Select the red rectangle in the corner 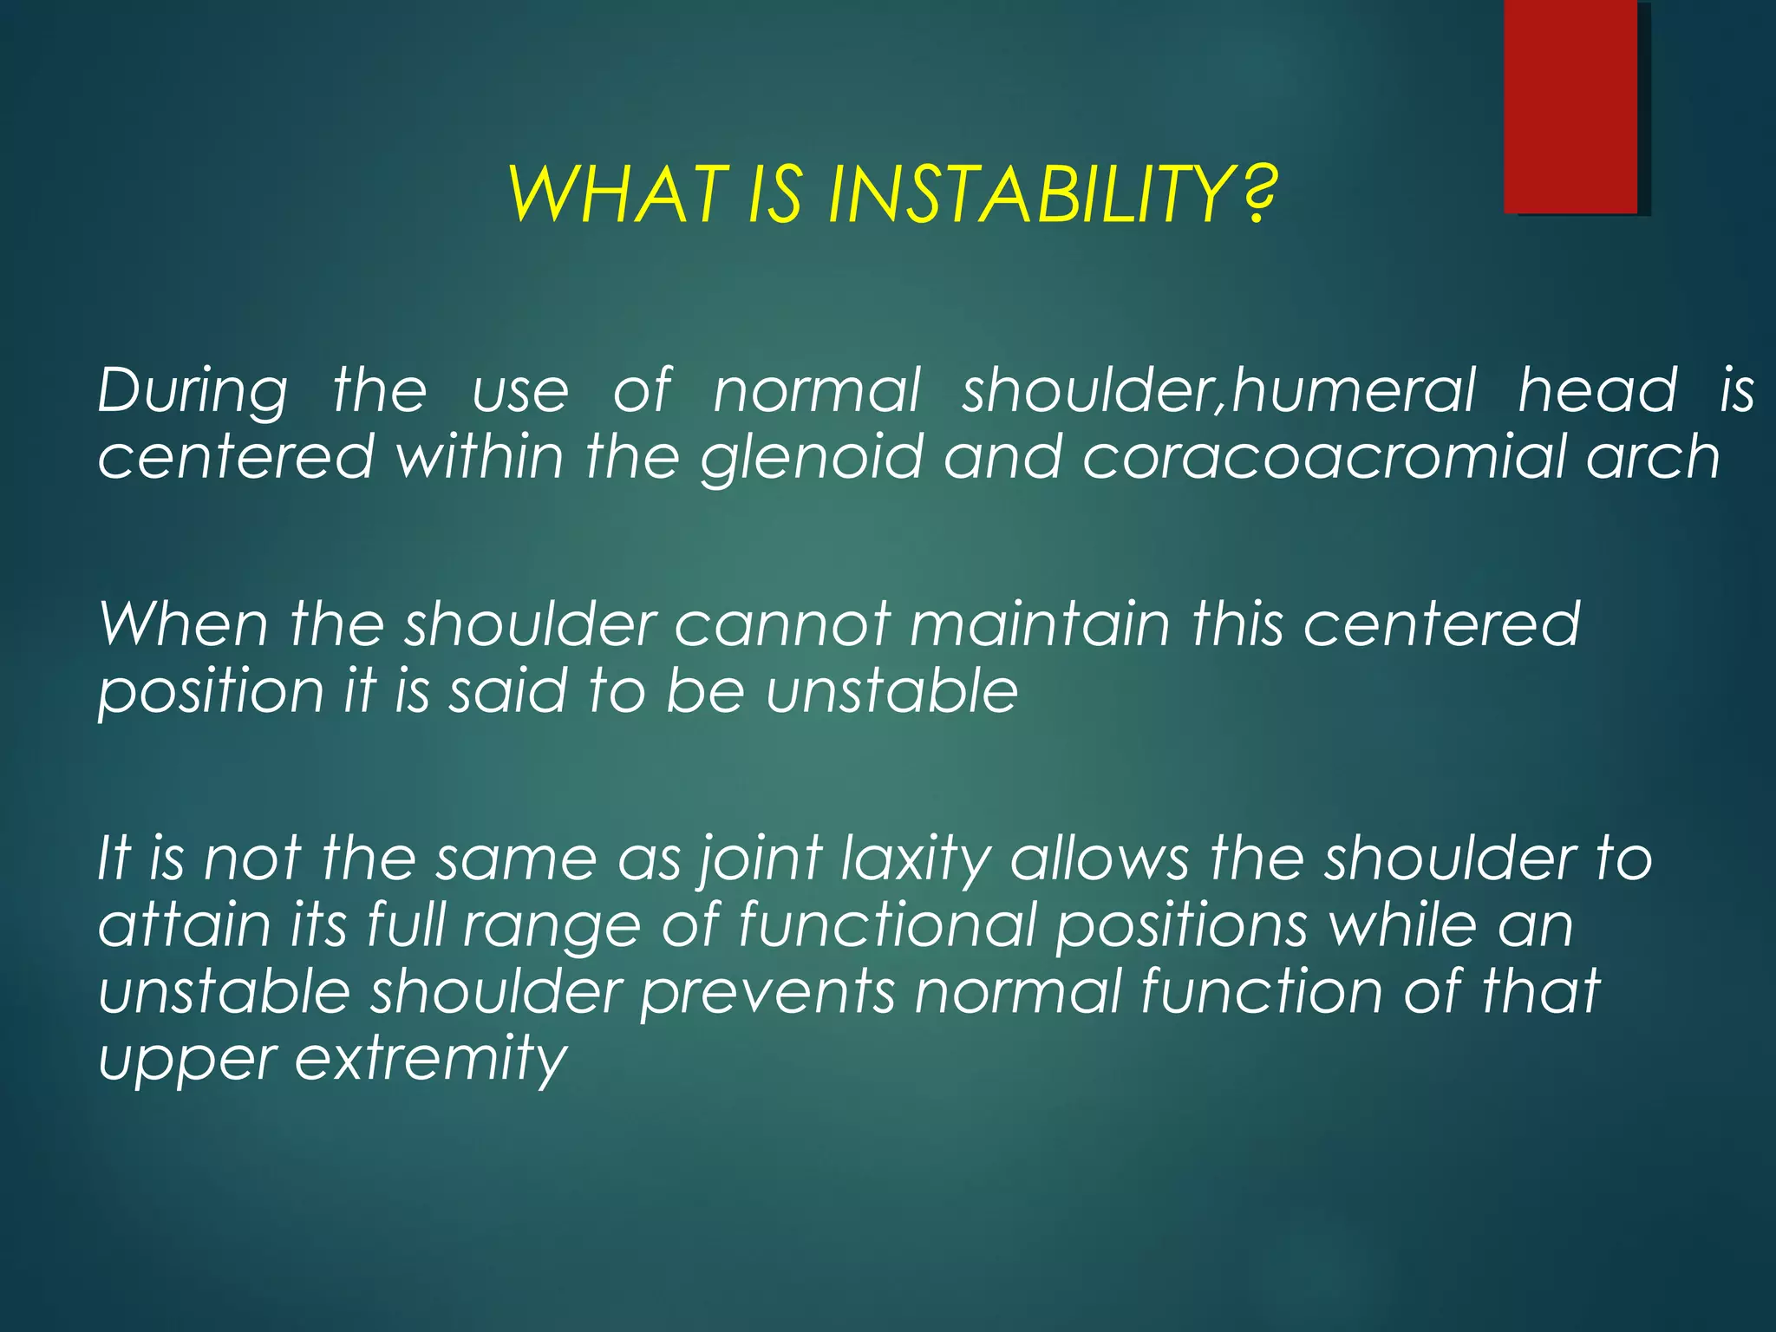click(x=1570, y=106)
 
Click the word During click(x=192, y=392)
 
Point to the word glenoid click(x=812, y=458)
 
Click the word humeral click(x=1354, y=390)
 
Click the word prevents click(x=767, y=994)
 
